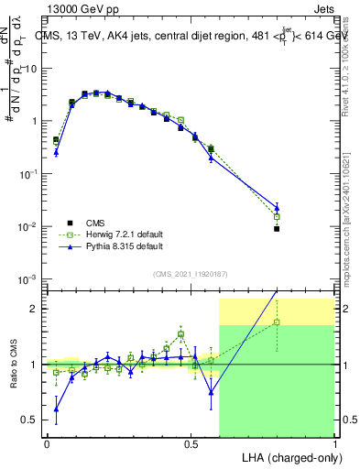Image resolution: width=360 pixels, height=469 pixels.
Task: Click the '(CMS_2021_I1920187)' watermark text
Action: click(x=191, y=272)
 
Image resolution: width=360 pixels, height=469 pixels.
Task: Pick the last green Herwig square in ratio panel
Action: click(x=277, y=322)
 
